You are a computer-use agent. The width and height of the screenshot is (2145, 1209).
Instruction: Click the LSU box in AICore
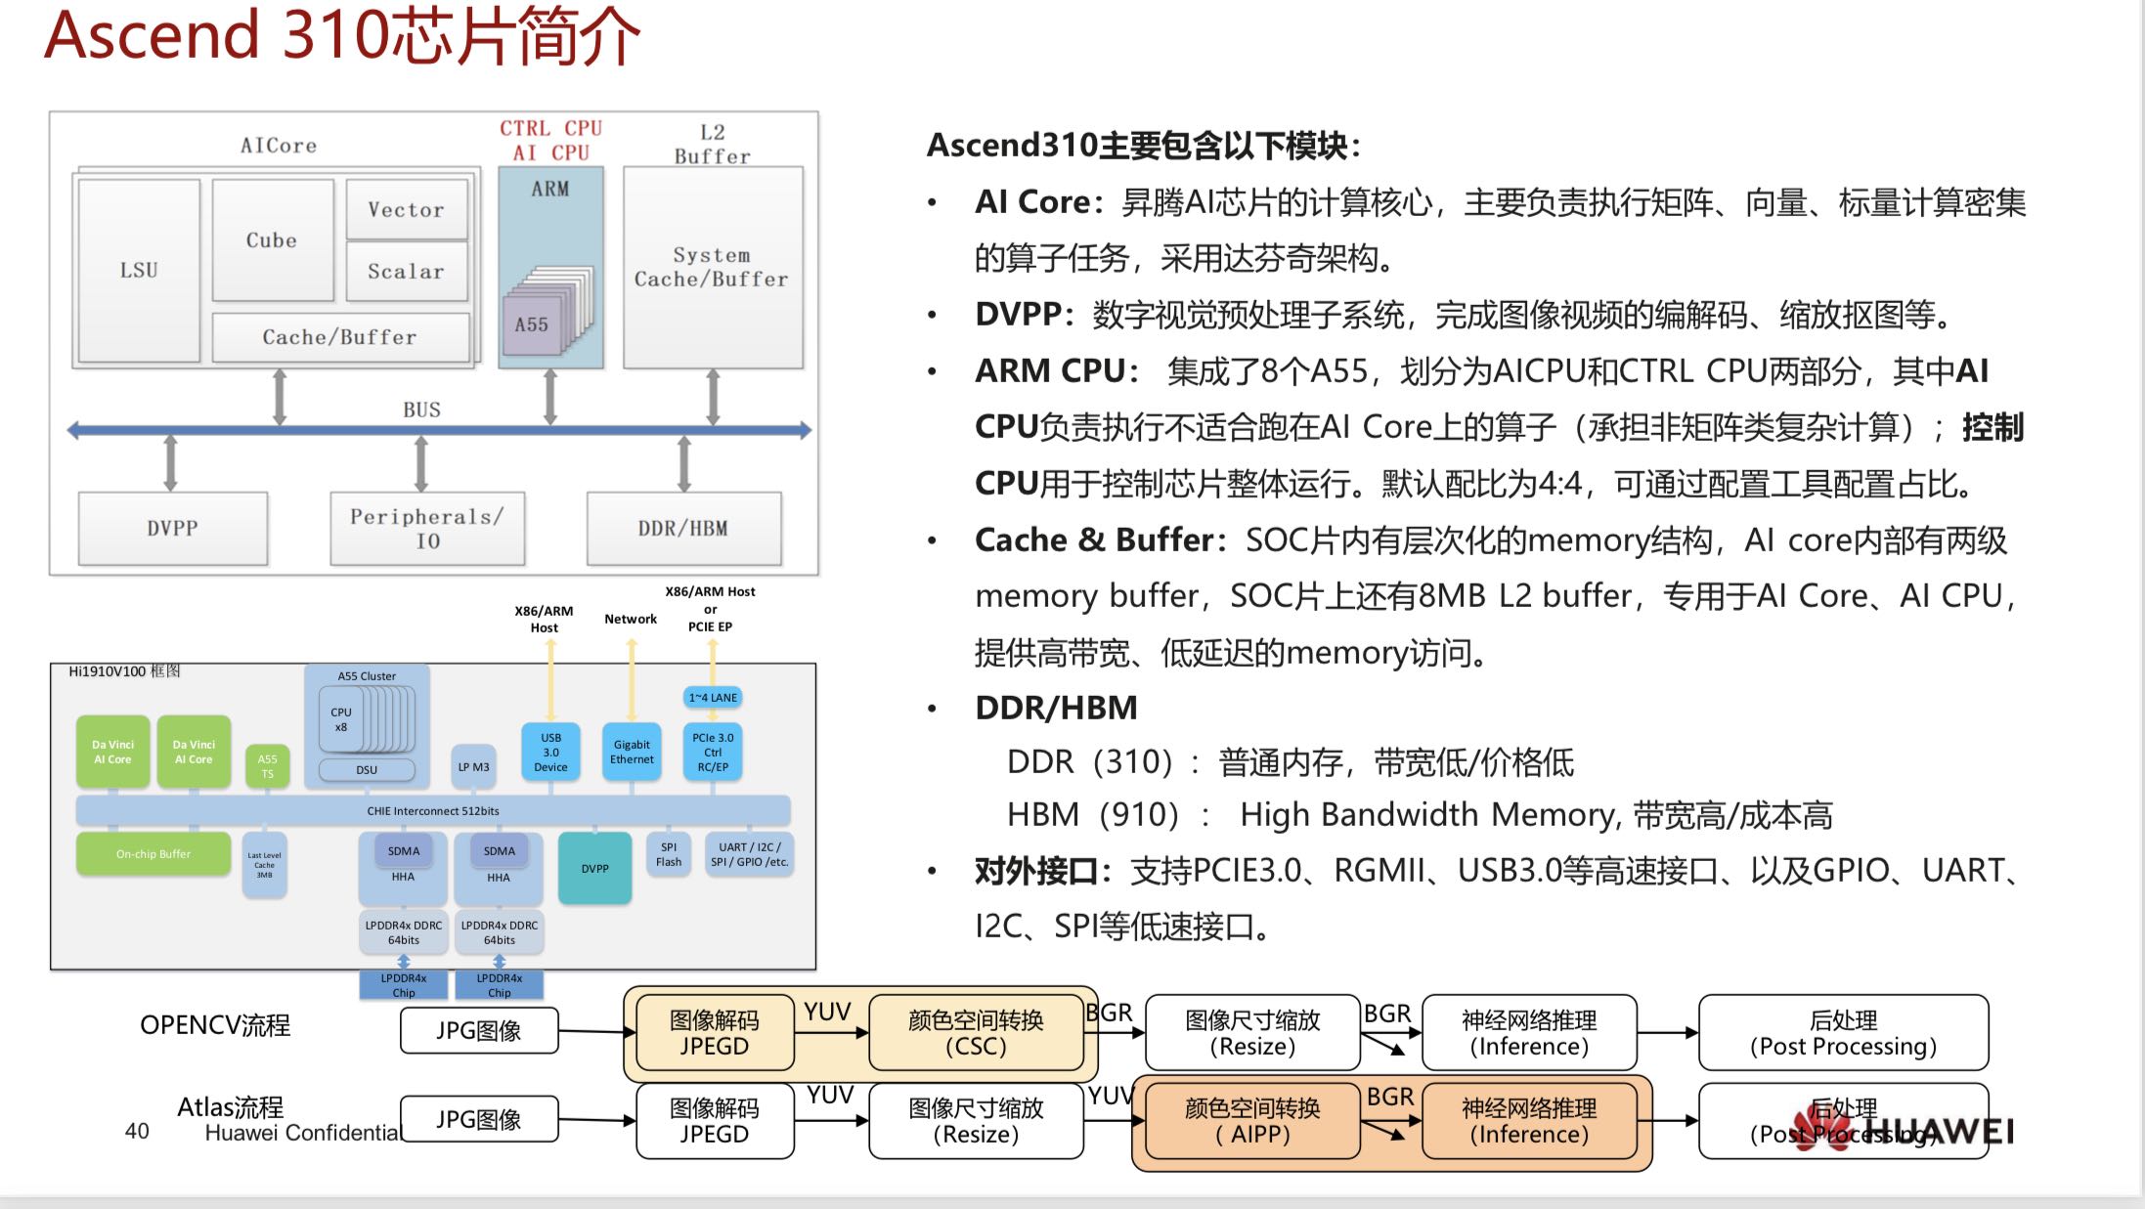139,270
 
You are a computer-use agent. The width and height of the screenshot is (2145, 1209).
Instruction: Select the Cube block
272,240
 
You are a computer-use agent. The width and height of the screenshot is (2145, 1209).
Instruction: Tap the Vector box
407,209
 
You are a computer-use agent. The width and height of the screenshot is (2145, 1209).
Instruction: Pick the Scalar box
407,272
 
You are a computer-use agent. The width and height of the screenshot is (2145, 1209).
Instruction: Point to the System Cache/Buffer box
712,268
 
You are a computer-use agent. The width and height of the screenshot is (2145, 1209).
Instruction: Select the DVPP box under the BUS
173,528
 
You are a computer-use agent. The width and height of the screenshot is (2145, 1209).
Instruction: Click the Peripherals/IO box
427,528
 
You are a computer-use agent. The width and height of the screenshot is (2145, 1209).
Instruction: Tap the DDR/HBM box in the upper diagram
683,528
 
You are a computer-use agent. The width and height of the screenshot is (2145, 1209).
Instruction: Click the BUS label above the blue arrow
421,410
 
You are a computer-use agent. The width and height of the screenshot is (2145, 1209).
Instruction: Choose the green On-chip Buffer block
153,854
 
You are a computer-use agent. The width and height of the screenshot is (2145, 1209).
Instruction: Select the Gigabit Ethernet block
632,752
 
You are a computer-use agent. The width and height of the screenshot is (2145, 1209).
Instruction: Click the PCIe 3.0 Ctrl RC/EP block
713,752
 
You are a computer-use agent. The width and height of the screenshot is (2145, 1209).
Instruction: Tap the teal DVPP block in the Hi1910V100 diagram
594,868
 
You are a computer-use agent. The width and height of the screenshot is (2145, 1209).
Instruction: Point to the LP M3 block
473,767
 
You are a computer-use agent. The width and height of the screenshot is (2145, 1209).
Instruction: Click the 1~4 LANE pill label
713,697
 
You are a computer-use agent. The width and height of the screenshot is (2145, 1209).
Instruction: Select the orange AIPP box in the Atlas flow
1252,1121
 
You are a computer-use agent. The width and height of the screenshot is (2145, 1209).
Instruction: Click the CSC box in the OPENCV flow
976,1033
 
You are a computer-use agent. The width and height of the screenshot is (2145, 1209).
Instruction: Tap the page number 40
137,1131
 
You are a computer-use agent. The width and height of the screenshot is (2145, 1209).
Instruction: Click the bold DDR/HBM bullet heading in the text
1056,708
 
